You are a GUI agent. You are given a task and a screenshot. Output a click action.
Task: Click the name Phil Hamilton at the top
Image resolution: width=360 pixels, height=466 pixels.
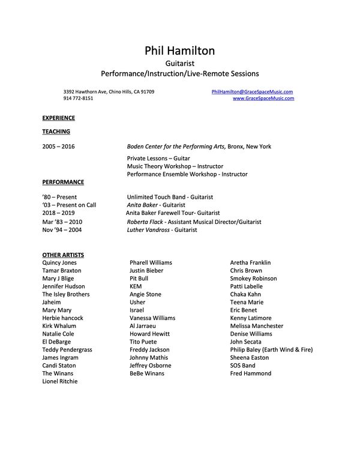(x=179, y=51)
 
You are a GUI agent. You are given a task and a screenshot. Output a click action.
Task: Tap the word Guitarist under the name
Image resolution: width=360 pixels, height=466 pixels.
(x=179, y=62)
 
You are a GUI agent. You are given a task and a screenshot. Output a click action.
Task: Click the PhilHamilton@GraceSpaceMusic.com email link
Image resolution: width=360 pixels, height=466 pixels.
(x=253, y=91)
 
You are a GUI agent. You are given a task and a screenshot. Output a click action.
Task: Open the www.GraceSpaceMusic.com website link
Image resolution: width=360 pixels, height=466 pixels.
(x=263, y=98)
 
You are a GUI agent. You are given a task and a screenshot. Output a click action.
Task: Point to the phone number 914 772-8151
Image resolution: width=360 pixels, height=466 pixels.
(x=78, y=98)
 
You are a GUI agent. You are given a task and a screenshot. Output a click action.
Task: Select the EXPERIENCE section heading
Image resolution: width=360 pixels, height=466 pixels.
(x=58, y=118)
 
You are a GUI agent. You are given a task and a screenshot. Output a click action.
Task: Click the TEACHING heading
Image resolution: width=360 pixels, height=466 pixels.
(x=56, y=132)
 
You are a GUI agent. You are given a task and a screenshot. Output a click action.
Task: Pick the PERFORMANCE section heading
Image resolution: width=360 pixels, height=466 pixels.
(x=63, y=182)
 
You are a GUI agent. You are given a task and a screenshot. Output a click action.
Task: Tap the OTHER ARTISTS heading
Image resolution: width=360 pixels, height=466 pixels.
(x=63, y=255)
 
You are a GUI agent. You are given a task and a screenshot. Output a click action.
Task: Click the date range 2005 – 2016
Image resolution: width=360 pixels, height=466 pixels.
(x=59, y=147)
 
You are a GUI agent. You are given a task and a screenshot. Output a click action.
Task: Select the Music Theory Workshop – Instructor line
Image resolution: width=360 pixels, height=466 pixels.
(x=175, y=166)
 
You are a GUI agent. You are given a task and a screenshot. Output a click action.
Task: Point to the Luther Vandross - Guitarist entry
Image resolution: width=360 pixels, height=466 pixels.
(x=166, y=229)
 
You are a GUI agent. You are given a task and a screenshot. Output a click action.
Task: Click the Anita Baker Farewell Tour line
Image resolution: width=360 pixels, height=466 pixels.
(x=173, y=213)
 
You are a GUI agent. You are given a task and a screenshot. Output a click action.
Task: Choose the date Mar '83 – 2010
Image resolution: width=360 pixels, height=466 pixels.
(x=63, y=222)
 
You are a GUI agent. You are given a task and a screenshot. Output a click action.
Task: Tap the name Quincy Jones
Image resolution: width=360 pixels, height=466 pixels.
(x=59, y=263)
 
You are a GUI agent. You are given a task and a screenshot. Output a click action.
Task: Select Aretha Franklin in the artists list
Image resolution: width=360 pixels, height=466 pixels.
(x=250, y=263)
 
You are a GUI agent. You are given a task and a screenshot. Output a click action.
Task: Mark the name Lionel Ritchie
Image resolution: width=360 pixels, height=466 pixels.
(x=60, y=381)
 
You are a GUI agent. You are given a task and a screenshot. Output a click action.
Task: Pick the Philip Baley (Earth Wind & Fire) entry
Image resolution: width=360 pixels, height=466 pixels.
(x=271, y=349)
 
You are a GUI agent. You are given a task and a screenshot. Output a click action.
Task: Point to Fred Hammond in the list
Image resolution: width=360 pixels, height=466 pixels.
(x=250, y=374)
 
